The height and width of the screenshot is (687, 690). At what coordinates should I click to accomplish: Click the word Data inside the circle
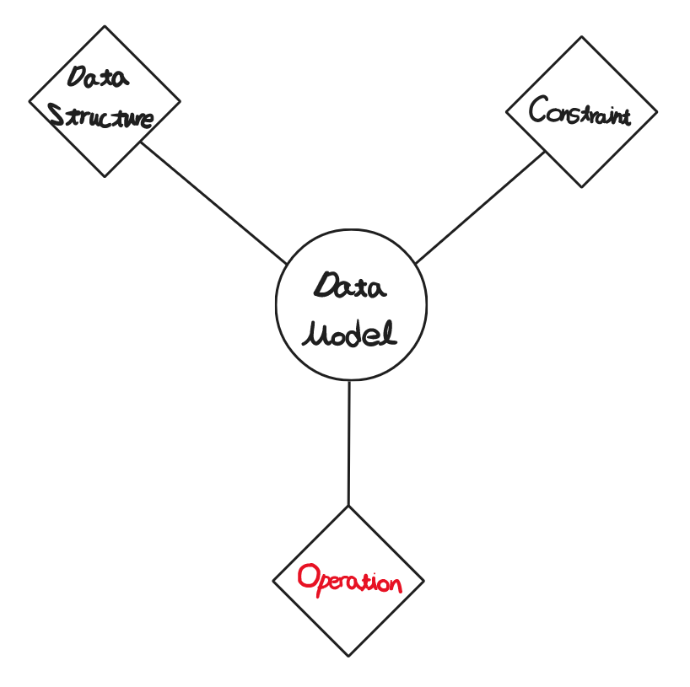349,286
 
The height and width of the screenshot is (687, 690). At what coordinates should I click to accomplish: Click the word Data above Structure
97,79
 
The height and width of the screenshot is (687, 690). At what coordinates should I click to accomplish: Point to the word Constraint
580,111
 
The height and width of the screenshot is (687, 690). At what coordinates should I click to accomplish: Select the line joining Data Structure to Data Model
213,202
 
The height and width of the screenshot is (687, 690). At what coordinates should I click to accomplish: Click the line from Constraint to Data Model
481,207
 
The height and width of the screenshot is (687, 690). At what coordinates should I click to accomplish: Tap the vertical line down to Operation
348,443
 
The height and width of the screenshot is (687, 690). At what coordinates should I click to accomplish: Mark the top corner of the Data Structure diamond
105,27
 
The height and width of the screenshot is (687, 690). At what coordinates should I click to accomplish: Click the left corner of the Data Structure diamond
30,101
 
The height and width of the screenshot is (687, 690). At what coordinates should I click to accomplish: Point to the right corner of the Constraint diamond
656,111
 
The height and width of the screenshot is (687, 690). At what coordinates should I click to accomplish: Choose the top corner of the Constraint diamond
581,37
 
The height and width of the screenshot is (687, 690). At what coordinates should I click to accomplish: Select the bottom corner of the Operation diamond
348,656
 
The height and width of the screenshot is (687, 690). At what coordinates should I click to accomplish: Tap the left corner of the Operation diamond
273,581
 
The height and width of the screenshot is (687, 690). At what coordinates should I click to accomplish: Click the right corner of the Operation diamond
423,581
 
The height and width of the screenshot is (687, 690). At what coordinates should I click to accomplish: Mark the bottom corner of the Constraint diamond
581,186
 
